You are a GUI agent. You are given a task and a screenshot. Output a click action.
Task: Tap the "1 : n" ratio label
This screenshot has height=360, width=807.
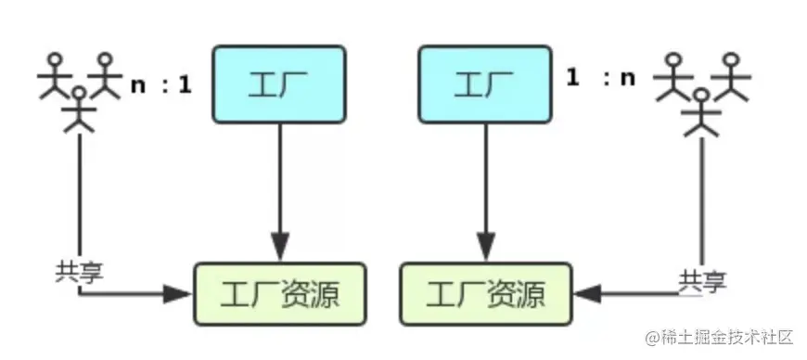(601, 78)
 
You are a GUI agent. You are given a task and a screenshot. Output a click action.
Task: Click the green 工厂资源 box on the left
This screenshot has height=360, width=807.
(279, 296)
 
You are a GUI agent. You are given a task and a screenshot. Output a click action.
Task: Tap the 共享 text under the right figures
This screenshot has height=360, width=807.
(702, 278)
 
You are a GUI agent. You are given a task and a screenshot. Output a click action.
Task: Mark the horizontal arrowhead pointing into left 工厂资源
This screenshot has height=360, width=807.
(177, 295)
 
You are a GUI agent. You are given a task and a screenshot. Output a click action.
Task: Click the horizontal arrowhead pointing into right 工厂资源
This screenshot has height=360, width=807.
(587, 295)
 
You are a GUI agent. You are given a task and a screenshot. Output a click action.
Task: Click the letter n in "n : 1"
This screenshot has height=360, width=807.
(138, 86)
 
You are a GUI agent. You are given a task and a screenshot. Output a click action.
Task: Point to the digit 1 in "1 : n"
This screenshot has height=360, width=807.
(573, 78)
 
